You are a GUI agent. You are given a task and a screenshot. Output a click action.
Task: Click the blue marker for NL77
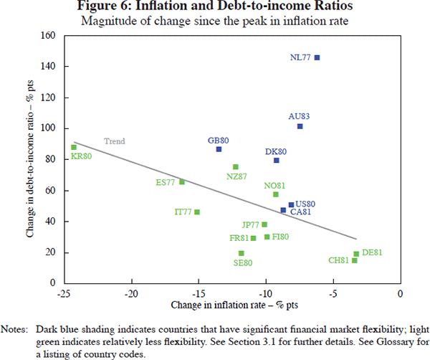click(317, 57)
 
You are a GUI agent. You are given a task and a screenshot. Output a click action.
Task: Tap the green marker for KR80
click(73, 147)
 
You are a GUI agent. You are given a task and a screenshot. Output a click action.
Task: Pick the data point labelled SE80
click(241, 253)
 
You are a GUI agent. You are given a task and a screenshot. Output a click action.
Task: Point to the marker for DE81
click(356, 254)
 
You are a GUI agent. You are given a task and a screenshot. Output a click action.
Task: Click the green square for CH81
click(354, 260)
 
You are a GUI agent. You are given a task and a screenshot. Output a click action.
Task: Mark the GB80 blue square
click(219, 149)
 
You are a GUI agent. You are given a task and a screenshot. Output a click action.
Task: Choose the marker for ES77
click(182, 182)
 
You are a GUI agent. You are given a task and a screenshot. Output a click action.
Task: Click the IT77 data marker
click(197, 212)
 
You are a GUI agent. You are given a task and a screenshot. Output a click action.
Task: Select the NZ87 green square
click(236, 167)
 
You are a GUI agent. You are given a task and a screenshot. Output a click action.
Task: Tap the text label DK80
click(276, 151)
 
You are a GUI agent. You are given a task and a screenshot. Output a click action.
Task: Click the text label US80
click(306, 204)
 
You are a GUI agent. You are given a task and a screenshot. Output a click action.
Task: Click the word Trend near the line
click(115, 141)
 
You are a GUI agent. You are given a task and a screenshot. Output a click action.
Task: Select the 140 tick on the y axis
click(47, 67)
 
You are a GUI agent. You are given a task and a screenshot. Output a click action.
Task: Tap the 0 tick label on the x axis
click(399, 295)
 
